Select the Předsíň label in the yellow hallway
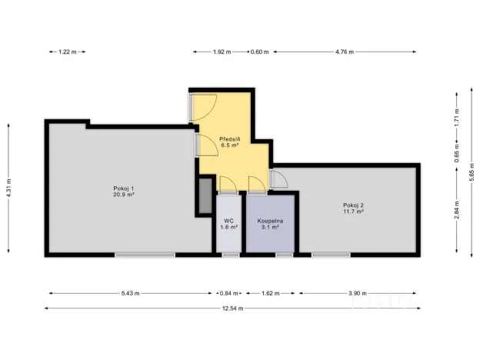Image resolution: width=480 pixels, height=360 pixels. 229,142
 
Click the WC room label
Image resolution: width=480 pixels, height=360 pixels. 229,224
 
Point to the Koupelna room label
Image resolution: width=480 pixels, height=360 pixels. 268,224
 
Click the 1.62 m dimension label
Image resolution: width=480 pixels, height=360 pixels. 269,293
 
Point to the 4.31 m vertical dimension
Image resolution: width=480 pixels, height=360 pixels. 8,185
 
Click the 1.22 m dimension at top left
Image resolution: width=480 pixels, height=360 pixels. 68,52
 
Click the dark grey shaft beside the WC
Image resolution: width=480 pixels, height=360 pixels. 205,196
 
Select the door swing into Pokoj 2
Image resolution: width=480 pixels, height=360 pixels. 279,179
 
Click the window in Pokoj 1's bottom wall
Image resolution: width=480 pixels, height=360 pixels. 145,254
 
